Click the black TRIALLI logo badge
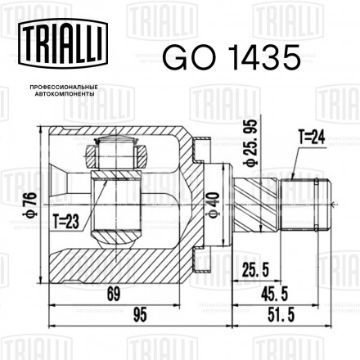[63, 43]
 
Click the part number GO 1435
[232, 58]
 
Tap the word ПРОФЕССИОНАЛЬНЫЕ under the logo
[64, 87]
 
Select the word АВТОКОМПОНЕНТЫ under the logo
[65, 94]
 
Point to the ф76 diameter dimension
[30, 205]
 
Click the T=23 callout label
[66, 221]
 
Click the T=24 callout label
[312, 137]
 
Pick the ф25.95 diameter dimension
[251, 142]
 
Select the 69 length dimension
[114, 294]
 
